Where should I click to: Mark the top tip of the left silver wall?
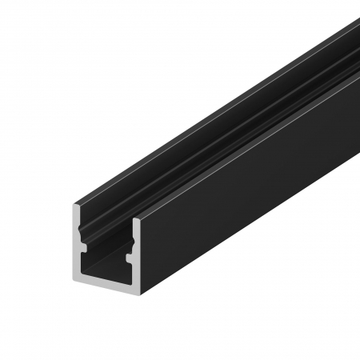point(78,206)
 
